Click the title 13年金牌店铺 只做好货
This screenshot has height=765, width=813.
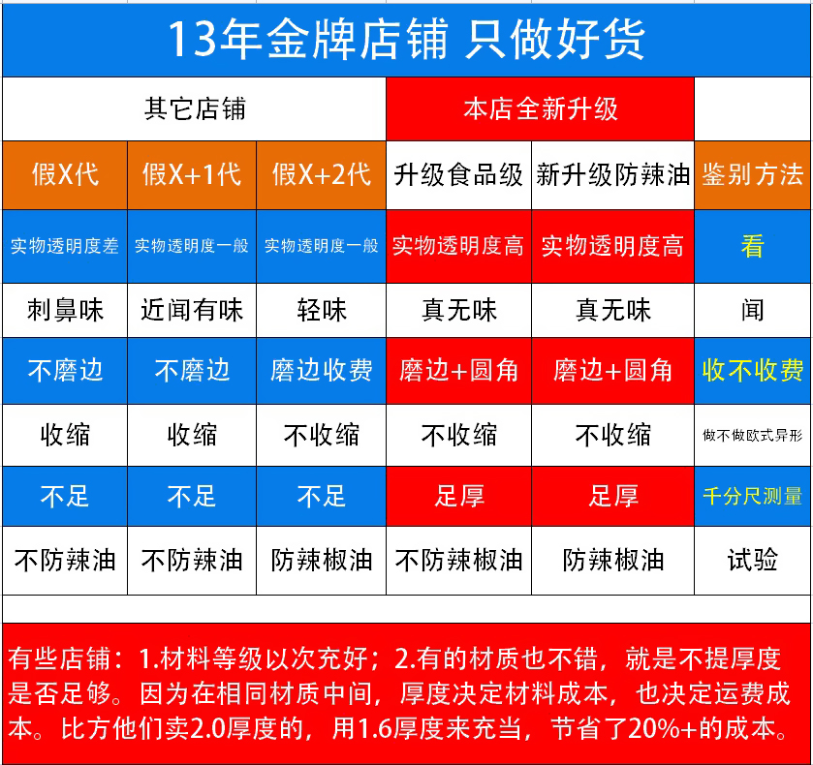(406, 39)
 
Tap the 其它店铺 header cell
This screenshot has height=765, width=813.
(195, 108)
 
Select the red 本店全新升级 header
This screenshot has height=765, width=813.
(541, 108)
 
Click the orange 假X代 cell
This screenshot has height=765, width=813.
(65, 174)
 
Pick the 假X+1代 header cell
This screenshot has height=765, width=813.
(192, 174)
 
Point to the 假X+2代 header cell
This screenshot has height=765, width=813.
(322, 174)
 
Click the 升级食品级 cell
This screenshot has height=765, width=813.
(459, 174)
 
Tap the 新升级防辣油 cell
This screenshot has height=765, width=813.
(612, 174)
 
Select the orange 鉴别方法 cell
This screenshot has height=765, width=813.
(753, 174)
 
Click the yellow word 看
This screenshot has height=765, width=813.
(752, 246)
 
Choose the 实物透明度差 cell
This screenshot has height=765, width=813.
(65, 246)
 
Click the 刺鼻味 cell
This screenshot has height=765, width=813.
(65, 310)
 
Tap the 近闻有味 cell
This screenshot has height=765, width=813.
(192, 310)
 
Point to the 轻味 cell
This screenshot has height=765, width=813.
(322, 310)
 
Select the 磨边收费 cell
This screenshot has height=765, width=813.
(322, 371)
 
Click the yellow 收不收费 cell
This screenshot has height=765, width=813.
(753, 371)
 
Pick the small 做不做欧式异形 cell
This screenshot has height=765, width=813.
(753, 435)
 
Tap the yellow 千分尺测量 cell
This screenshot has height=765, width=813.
(753, 496)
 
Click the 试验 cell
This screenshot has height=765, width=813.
(753, 561)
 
